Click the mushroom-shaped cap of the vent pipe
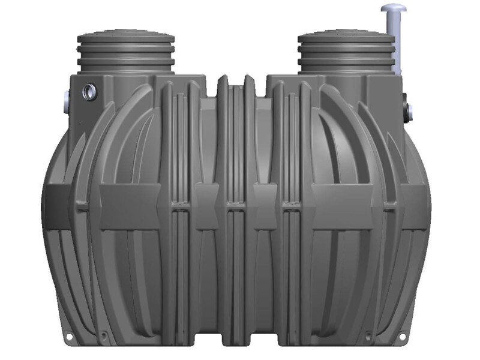[x=393, y=8]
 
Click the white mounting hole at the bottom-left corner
[x=69, y=337]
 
